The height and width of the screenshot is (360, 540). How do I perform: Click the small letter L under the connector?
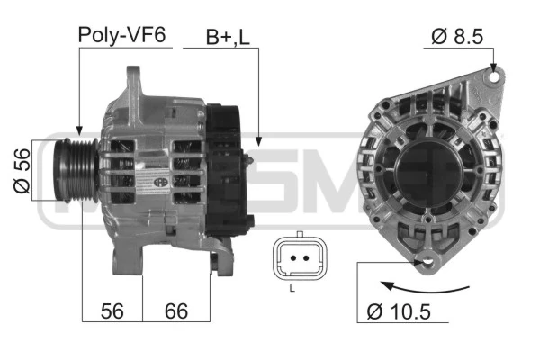tap(292, 288)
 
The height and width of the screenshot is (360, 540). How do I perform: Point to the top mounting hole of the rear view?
tap(492, 78)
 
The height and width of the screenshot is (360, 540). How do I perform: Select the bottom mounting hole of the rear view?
tap(427, 261)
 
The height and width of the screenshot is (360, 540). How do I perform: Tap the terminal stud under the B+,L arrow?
tap(249, 158)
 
